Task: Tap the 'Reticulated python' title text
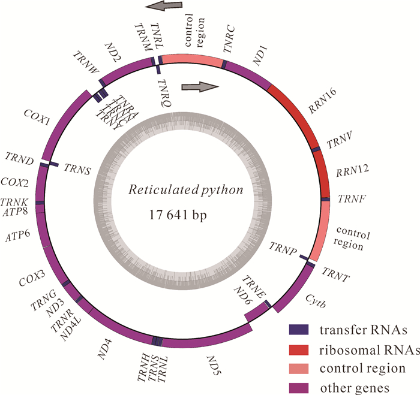186,191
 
